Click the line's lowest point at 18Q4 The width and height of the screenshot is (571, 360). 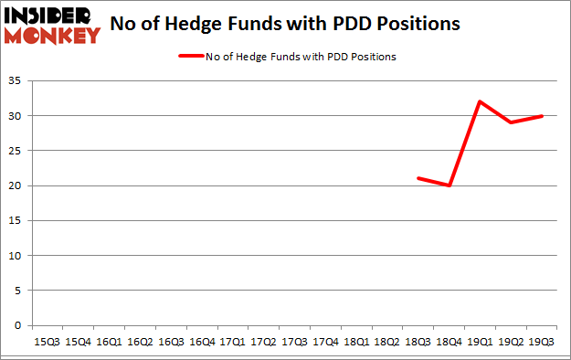click(x=449, y=185)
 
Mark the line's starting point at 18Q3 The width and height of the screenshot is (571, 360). click(x=418, y=178)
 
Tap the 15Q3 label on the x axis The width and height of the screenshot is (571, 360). click(x=46, y=342)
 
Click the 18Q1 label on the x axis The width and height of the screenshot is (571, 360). click(x=356, y=342)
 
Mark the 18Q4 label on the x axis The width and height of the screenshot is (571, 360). click(x=449, y=342)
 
